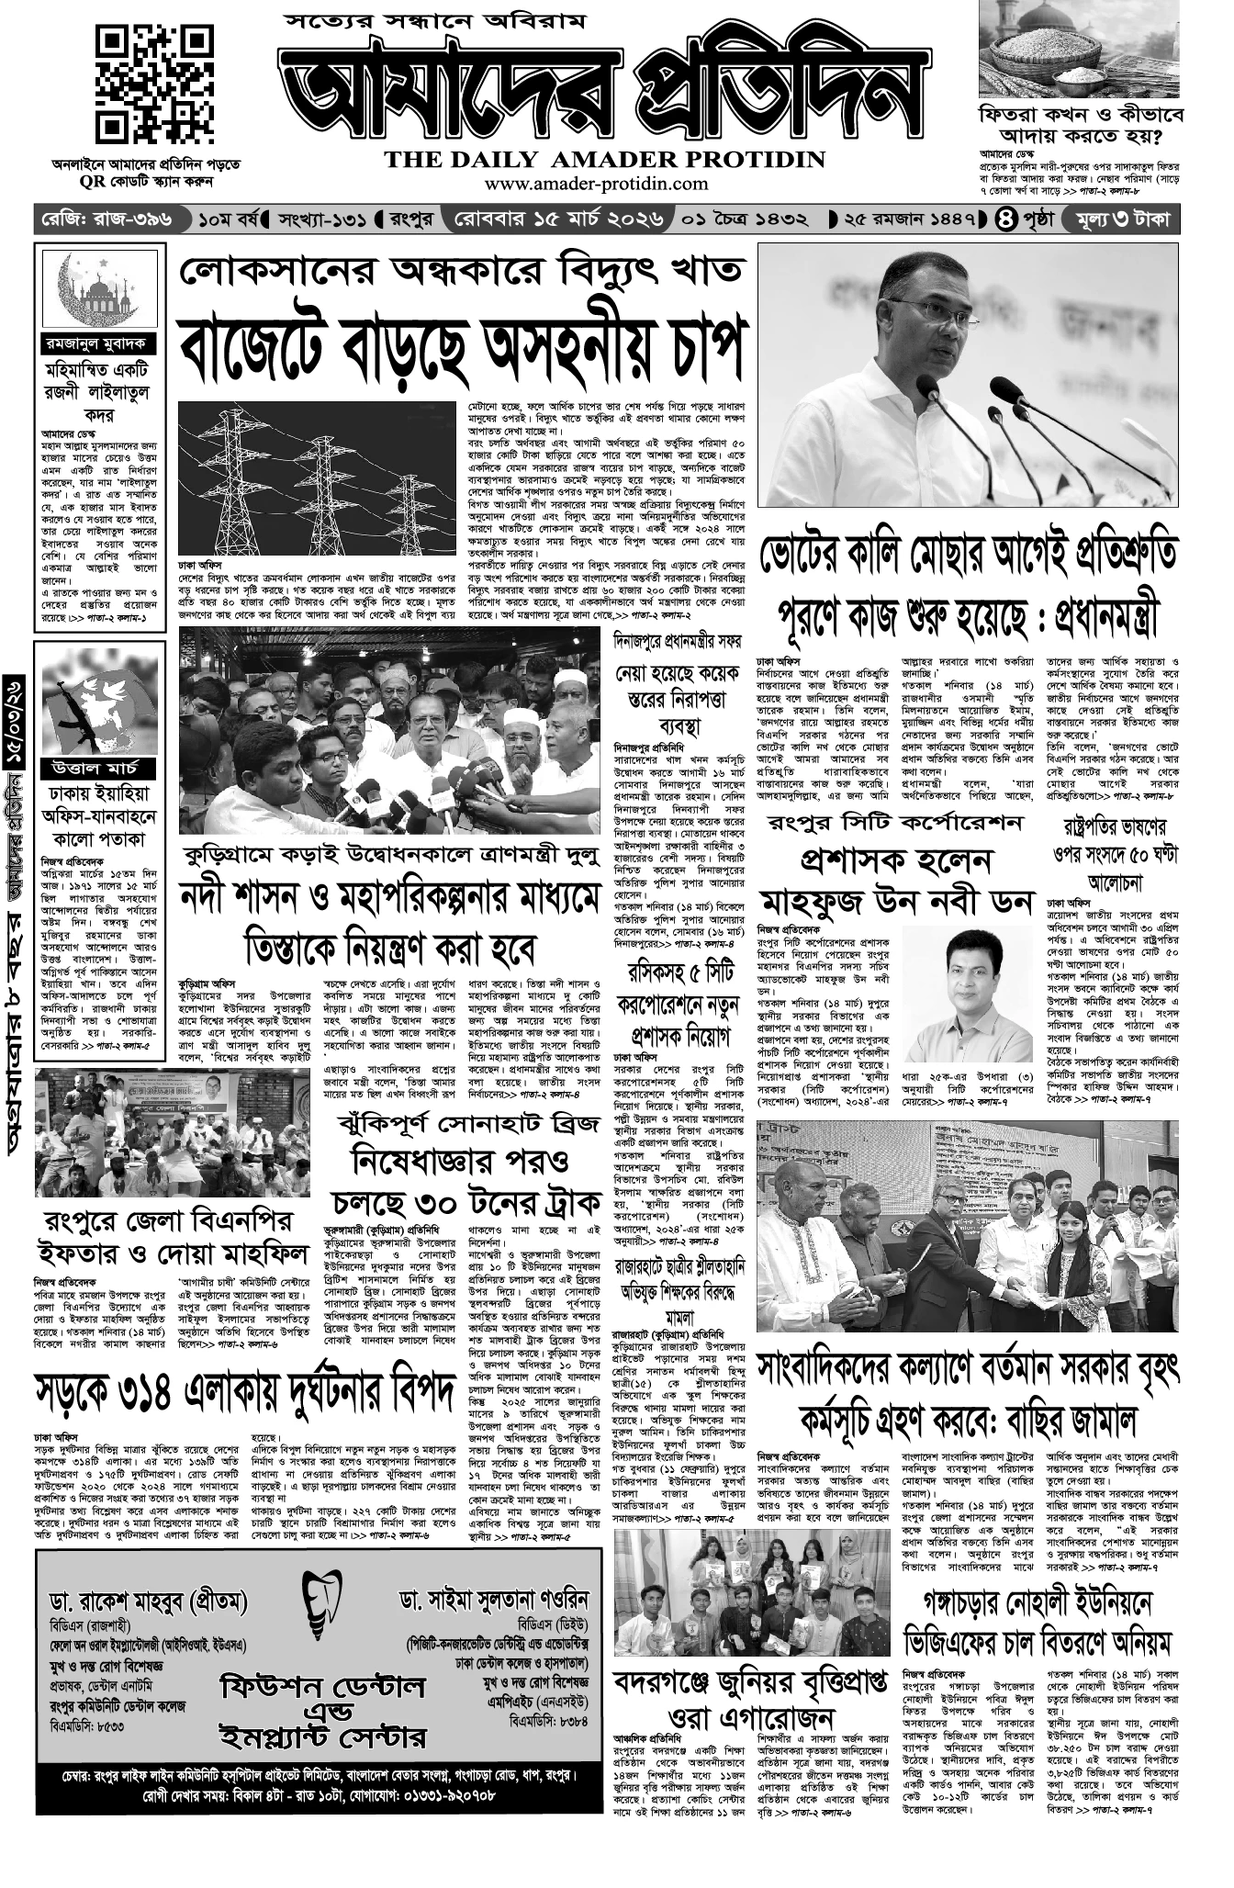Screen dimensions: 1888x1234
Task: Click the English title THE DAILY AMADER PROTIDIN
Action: (605, 160)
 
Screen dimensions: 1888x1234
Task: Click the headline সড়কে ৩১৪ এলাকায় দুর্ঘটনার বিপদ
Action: (245, 1393)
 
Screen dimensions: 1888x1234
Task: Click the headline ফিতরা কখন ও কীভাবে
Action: (1081, 117)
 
